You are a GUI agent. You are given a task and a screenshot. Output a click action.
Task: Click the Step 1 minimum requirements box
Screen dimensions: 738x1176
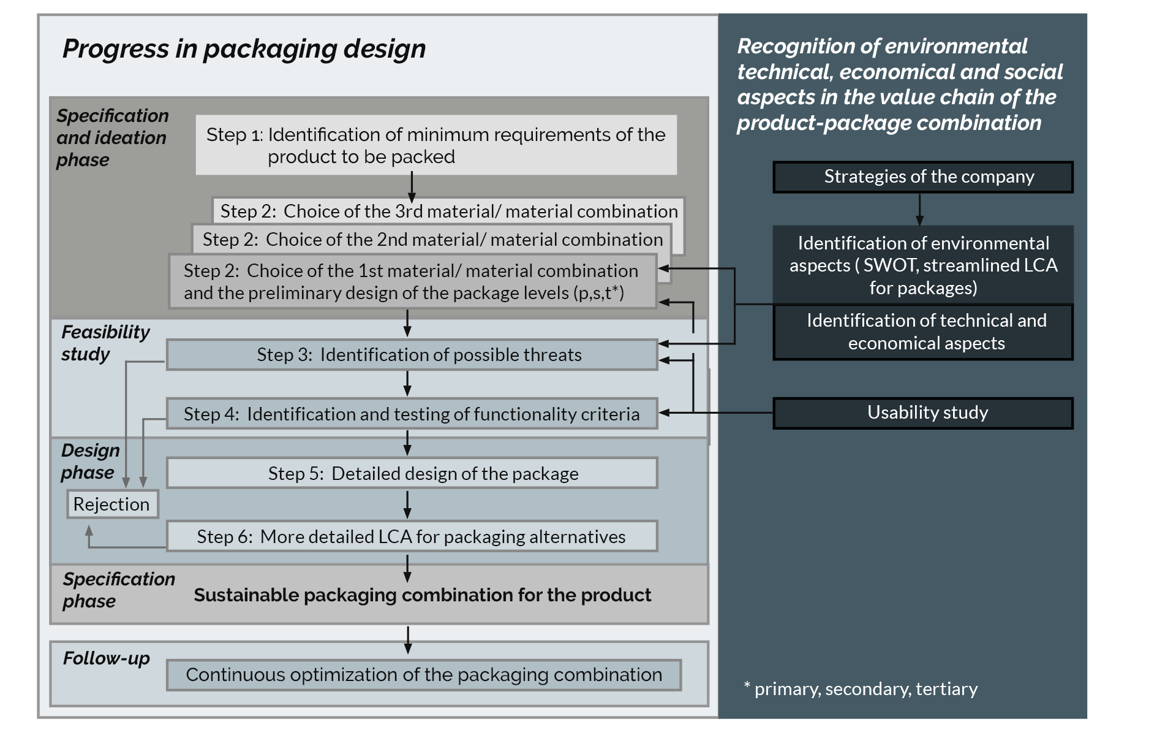(436, 145)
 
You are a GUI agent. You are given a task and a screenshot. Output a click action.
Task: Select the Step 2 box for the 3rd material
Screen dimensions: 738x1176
(448, 211)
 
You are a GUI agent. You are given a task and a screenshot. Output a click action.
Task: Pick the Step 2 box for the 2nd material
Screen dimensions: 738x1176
(432, 239)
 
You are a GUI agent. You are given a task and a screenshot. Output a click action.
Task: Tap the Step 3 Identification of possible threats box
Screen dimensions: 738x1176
(412, 355)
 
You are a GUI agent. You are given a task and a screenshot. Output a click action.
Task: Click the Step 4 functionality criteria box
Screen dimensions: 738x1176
(412, 414)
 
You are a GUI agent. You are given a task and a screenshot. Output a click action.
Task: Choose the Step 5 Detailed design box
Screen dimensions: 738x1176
(412, 473)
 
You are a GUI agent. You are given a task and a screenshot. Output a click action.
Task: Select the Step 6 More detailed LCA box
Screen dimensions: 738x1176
(412, 536)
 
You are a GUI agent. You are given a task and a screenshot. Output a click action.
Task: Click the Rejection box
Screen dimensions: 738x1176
(112, 504)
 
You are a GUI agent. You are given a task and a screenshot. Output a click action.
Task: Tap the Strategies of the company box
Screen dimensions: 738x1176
(922, 177)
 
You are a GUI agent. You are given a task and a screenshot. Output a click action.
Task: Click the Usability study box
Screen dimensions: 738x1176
(922, 413)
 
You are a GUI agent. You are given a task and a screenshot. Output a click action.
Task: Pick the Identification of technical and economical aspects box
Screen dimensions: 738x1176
(922, 332)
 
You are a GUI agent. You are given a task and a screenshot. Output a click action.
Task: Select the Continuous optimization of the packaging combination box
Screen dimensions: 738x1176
(424, 675)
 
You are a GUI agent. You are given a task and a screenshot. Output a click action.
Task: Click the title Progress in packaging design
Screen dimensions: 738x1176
(244, 49)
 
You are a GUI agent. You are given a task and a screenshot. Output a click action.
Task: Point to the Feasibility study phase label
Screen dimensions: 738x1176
(105, 343)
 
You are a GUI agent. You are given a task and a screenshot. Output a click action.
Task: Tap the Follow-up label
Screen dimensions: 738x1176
(106, 658)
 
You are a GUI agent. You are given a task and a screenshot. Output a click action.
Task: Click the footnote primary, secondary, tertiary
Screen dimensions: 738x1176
(861, 689)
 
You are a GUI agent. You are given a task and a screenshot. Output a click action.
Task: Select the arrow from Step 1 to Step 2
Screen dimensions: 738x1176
(412, 186)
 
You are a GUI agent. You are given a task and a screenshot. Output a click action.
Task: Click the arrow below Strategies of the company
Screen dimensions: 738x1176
(919, 210)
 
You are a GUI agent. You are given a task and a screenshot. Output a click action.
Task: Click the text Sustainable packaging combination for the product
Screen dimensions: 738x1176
(422, 595)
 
